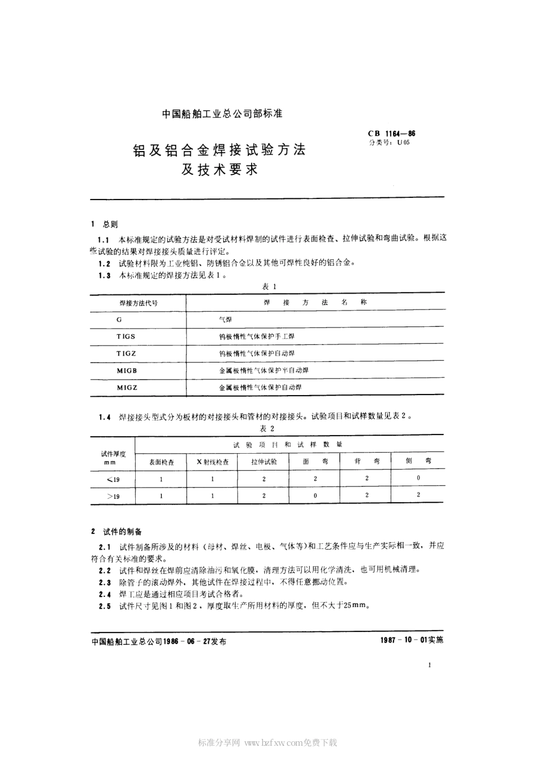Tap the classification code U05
(x=404, y=143)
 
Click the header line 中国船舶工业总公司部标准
(x=222, y=113)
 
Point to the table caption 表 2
(x=267, y=429)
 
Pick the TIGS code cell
(x=126, y=336)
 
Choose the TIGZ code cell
(x=127, y=353)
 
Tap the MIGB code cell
(x=127, y=370)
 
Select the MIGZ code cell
(x=127, y=388)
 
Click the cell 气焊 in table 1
(x=225, y=320)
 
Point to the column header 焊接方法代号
(x=139, y=303)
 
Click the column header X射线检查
(x=212, y=462)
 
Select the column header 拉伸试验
(x=265, y=462)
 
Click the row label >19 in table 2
(x=113, y=496)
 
